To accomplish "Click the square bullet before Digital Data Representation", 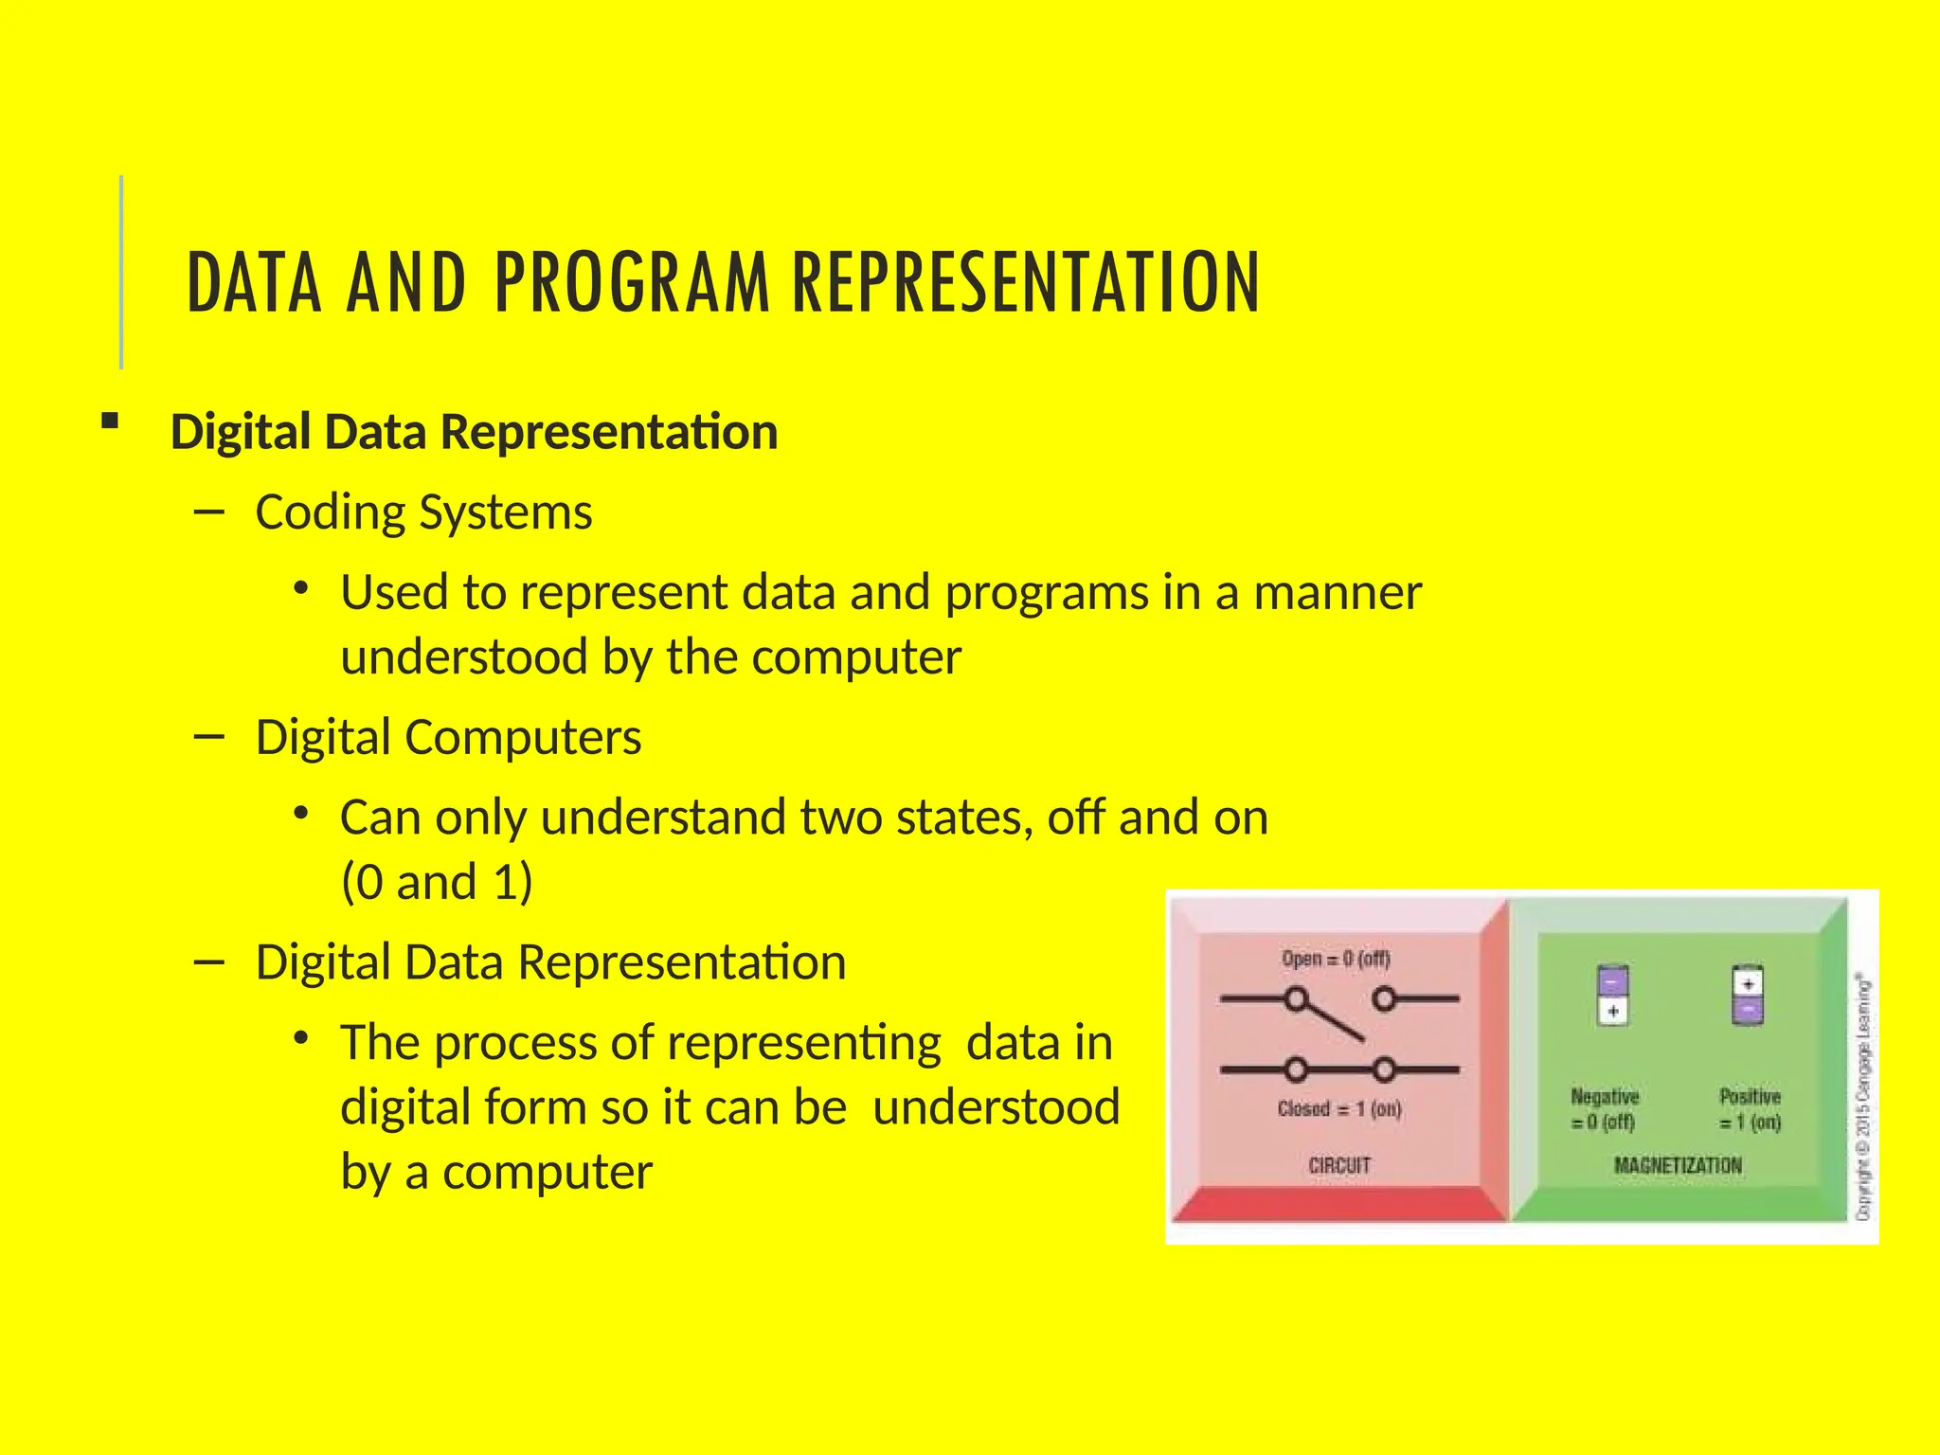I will tap(110, 422).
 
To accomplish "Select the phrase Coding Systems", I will tap(423, 512).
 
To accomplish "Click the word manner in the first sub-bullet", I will tap(1337, 593).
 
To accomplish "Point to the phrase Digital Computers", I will tap(448, 737).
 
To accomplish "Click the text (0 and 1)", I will tap(437, 882).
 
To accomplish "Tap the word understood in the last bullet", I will tap(996, 1106).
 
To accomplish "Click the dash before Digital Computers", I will tap(208, 736).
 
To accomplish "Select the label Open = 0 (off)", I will tap(1336, 959).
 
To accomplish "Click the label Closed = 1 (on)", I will tap(1338, 1108).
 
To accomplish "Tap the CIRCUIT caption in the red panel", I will tap(1338, 1165).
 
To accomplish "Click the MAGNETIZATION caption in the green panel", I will tap(1677, 1165).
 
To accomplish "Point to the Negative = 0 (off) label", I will tap(1604, 1109).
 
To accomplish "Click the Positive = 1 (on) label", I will tap(1750, 1109).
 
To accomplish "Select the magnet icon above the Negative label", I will tap(1612, 995).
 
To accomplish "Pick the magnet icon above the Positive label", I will tap(1748, 995).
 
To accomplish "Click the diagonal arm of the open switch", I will tap(1331, 1020).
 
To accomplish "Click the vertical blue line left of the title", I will tap(121, 272).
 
